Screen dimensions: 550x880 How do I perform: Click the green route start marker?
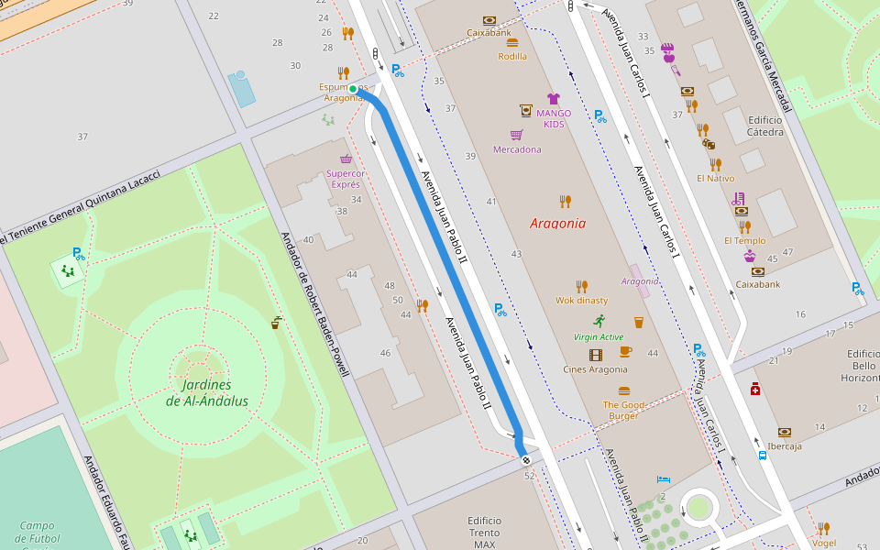(353, 88)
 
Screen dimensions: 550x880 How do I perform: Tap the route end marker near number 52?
(526, 460)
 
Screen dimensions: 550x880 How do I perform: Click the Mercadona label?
(517, 149)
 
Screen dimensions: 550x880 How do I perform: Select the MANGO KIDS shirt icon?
(553, 98)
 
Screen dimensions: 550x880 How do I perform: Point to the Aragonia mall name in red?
(557, 223)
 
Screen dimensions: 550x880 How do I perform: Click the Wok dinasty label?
(581, 301)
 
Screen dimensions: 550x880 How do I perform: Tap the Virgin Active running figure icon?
(599, 321)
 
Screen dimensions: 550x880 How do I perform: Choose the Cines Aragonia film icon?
(596, 355)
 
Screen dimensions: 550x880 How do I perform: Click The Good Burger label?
(624, 410)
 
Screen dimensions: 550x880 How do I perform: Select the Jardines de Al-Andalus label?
(207, 393)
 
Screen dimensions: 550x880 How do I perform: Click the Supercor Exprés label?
(345, 178)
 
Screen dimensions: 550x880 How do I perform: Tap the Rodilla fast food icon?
(512, 42)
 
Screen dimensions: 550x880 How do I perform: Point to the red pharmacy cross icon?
(754, 389)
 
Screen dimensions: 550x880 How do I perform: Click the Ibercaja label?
(785, 446)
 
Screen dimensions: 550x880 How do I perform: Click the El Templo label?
(744, 241)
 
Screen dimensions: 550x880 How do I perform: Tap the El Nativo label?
(715, 179)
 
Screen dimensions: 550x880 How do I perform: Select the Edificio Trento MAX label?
(485, 533)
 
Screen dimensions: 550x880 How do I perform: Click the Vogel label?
(824, 543)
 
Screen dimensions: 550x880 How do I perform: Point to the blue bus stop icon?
(763, 455)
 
